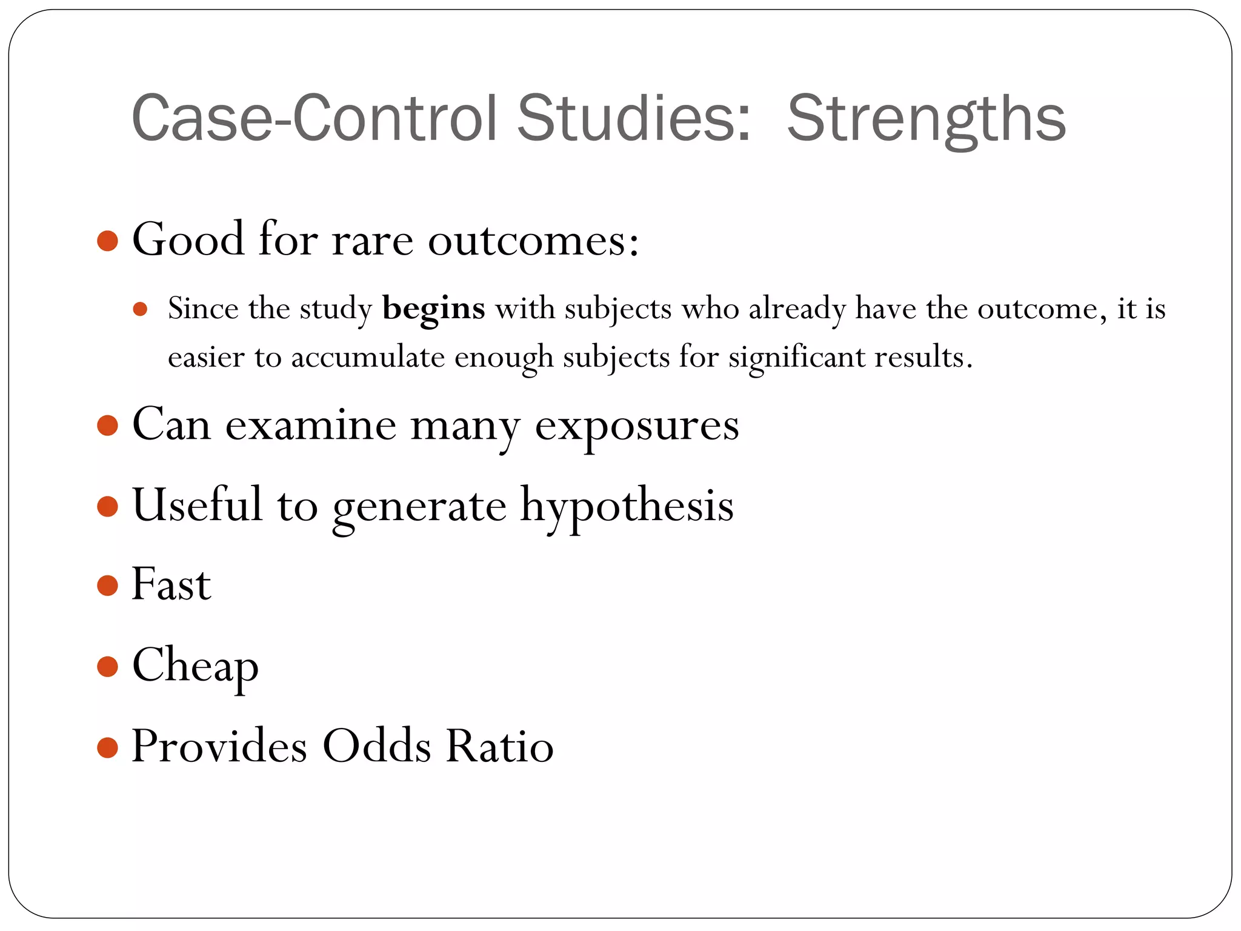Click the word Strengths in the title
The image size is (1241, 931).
(926, 119)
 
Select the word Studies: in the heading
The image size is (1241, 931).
(634, 119)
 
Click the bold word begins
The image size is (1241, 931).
(434, 309)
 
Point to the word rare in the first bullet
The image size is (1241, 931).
(372, 240)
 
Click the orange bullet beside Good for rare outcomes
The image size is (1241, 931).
(107, 241)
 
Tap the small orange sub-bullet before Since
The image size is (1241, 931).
(140, 310)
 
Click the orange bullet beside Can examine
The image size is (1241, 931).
(107, 425)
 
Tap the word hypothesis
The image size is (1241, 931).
(627, 507)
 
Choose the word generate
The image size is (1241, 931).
(419, 507)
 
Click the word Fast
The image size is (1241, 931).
(171, 584)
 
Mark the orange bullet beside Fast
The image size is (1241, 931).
(107, 586)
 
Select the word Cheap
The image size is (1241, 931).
(195, 666)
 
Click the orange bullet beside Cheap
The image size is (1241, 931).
(107, 666)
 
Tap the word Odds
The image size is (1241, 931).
(377, 746)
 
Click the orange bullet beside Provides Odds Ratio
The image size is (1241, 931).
(107, 747)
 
